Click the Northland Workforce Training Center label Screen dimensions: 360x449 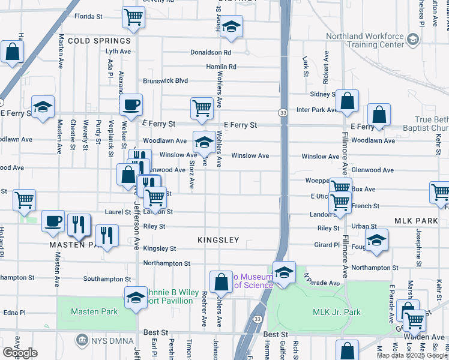pyautogui.click(x=365, y=40)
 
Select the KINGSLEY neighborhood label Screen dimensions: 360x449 pyautogui.click(x=218, y=240)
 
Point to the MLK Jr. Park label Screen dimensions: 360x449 pyautogui.click(x=337, y=312)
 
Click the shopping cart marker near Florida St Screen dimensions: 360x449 pyautogui.click(x=133, y=17)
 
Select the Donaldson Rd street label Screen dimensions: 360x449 pyautogui.click(x=211, y=53)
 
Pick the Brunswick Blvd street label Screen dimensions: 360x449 pyautogui.click(x=165, y=81)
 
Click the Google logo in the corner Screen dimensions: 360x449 pyautogui.click(x=20, y=353)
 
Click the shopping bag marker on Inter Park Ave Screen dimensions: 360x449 pyautogui.click(x=347, y=102)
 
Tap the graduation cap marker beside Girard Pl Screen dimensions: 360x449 pyautogui.click(x=376, y=240)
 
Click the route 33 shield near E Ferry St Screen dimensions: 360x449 pyautogui.click(x=282, y=113)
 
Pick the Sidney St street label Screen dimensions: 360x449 pyautogui.click(x=322, y=95)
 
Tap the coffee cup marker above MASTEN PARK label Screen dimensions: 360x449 pyautogui.click(x=53, y=221)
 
